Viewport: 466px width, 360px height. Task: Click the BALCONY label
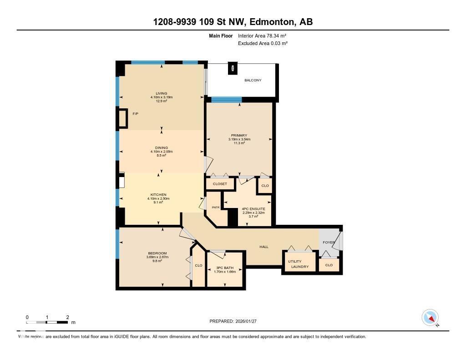[253, 80]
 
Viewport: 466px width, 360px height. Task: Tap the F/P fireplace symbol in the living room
[123, 118]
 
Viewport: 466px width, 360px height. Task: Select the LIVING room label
[162, 93]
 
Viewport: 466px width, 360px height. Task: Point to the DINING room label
[162, 148]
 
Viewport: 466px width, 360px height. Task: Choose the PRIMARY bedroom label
[239, 135]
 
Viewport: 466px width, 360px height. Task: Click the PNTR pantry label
[216, 208]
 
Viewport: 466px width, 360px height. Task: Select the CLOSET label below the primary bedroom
[220, 184]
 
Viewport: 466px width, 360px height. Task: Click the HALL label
[264, 247]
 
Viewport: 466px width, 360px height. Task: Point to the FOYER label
[329, 242]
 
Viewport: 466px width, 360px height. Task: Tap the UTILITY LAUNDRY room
[298, 264]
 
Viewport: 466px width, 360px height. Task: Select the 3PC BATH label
[225, 268]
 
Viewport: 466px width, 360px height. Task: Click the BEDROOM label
[157, 254]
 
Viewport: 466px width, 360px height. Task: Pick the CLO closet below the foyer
[329, 265]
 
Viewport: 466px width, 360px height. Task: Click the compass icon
[430, 318]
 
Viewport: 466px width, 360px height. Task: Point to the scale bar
[47, 322]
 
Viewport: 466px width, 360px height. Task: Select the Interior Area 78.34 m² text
[262, 35]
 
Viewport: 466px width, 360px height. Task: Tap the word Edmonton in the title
[270, 22]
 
